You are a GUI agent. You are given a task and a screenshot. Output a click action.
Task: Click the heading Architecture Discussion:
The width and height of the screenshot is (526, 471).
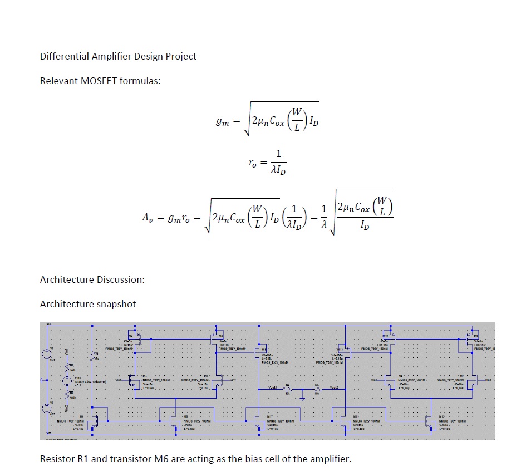[92, 279]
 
